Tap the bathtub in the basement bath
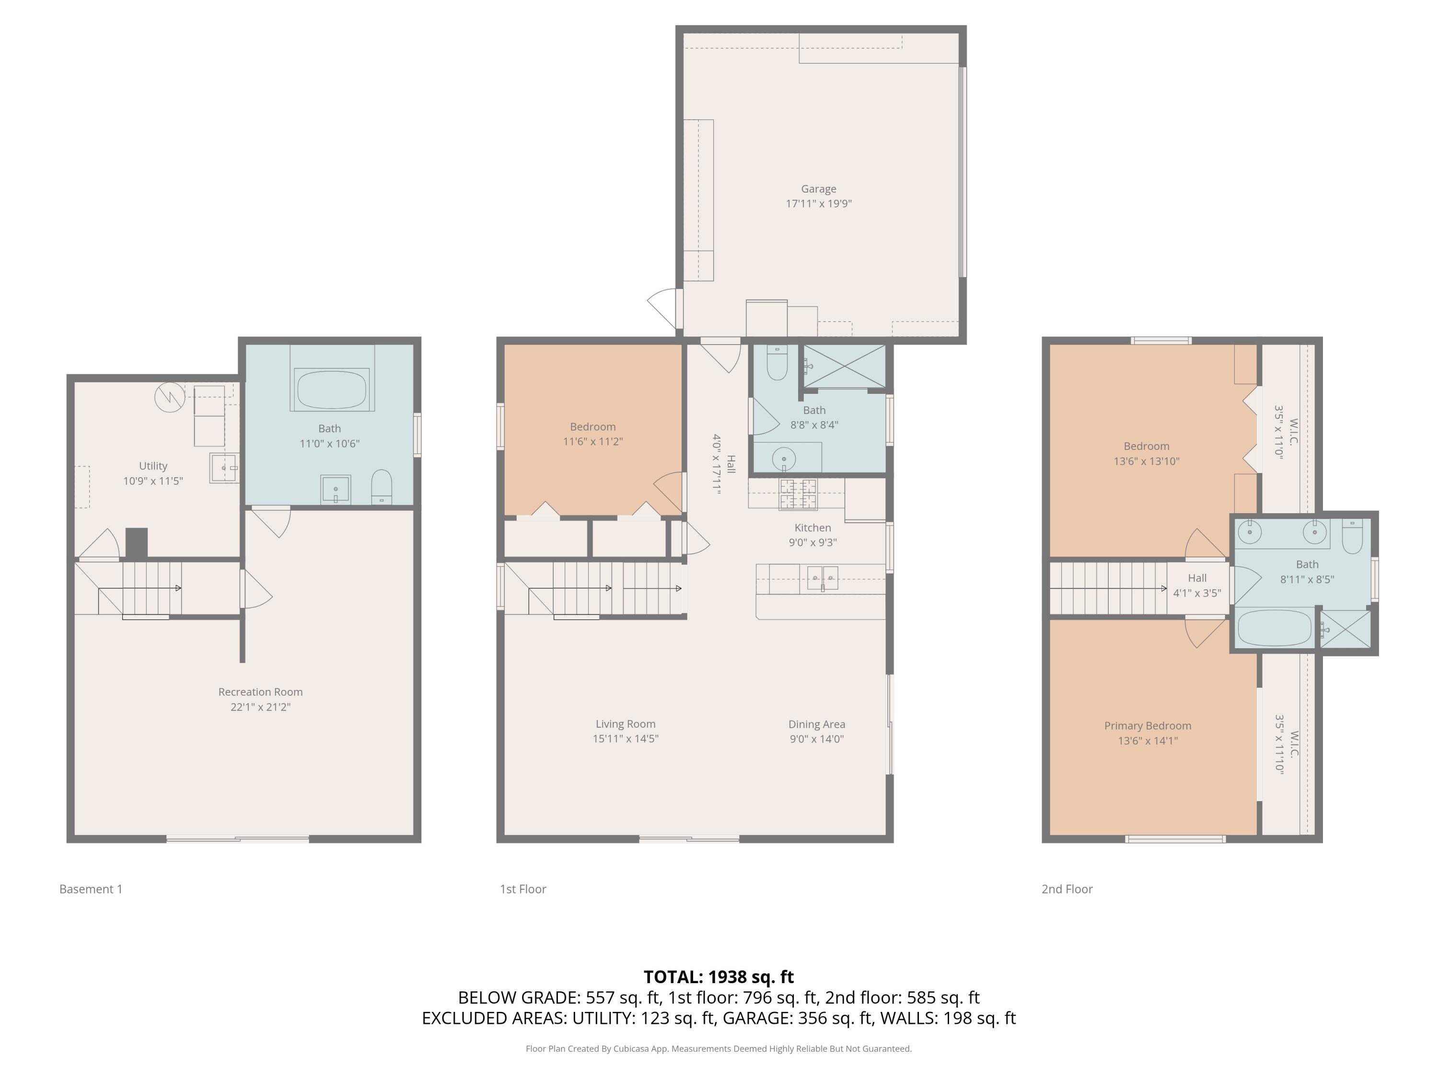click(x=332, y=389)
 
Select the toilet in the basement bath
click(x=382, y=487)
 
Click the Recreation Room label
click(x=260, y=692)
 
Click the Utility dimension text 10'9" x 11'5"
click(x=153, y=481)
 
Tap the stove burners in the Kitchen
click(x=798, y=494)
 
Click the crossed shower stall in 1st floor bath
click(x=845, y=367)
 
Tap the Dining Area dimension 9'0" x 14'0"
click(x=816, y=739)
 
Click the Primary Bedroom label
click(x=1148, y=726)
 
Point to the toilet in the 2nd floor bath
click(x=1352, y=536)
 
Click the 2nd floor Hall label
click(x=1197, y=578)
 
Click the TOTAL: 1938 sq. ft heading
click(x=719, y=976)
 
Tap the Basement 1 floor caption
click(x=91, y=889)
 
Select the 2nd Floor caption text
click(x=1067, y=889)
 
